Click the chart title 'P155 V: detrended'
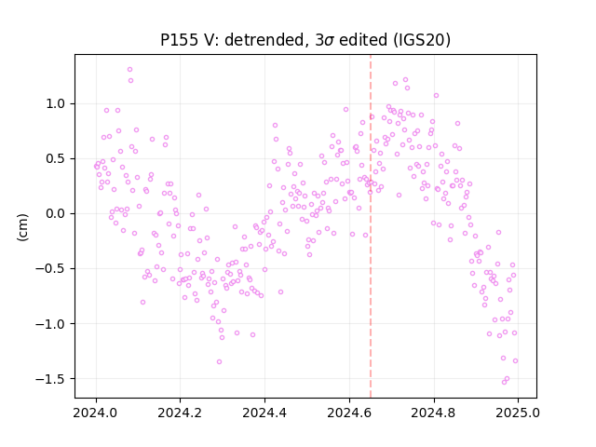click(232, 40)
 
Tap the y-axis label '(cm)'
click(22, 227)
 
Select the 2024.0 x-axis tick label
click(96, 413)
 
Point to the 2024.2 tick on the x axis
click(180, 413)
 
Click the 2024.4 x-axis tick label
click(264, 413)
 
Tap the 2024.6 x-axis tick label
click(349, 413)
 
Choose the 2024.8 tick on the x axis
click(434, 413)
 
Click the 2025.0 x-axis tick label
click(518, 413)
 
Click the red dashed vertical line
click(371, 226)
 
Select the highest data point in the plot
click(129, 70)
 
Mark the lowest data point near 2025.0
click(504, 383)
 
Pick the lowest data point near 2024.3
click(219, 362)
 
